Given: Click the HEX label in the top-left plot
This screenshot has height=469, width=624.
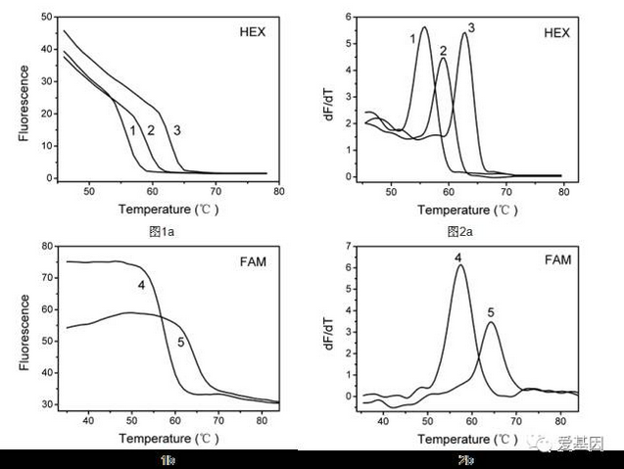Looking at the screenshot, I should point(252,31).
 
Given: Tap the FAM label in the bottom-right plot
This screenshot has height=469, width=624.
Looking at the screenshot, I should point(552,263).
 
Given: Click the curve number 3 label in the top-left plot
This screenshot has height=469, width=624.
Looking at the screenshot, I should point(176,129).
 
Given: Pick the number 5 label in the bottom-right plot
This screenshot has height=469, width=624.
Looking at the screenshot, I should point(491,311).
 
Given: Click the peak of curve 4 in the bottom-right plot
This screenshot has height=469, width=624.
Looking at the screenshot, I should point(459,265).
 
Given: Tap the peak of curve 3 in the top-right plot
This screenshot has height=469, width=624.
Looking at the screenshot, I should point(464,33).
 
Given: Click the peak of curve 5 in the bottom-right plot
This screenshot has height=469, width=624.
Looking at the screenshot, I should point(492,323).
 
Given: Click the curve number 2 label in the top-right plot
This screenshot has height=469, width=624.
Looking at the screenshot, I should point(443,50).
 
